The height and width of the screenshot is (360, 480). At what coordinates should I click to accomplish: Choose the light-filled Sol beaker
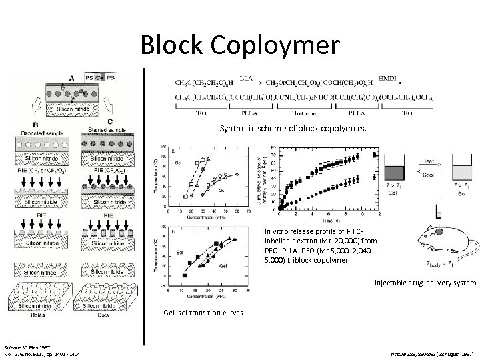click(459, 167)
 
